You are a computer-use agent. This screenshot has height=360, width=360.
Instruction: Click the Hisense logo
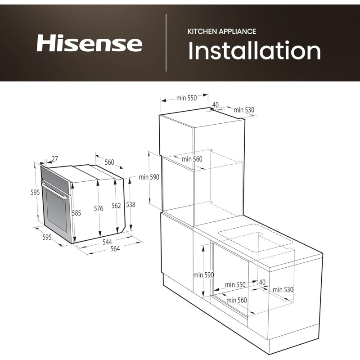[89, 44]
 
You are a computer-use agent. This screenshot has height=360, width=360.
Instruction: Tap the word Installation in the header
[255, 51]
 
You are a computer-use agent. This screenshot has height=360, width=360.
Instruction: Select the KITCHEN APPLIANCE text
[222, 31]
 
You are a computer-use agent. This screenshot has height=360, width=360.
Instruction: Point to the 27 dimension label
[55, 158]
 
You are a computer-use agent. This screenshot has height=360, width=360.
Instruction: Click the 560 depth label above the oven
[109, 162]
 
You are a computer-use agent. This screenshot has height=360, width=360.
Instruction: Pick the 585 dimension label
[76, 213]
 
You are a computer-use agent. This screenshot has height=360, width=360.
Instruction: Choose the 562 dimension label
[116, 206]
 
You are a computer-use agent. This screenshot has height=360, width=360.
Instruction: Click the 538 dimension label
[130, 204]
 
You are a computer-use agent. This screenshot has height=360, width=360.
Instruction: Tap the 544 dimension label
[107, 242]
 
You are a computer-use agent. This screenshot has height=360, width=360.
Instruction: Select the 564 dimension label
[115, 249]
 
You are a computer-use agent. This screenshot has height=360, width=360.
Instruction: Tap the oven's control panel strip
[57, 175]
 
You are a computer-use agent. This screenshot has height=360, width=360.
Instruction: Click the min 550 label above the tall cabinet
[186, 98]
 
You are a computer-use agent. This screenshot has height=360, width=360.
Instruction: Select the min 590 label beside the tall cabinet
[149, 177]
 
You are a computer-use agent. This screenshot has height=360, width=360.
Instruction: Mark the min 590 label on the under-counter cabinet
[203, 275]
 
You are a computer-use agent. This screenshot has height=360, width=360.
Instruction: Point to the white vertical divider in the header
[166, 43]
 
